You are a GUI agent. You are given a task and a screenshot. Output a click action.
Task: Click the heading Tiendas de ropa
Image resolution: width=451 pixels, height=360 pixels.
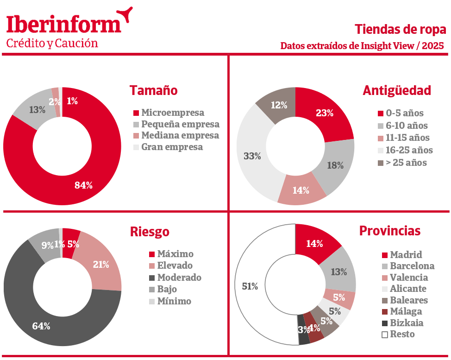tap(401, 30)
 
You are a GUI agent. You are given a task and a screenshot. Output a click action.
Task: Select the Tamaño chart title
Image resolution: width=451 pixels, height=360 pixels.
tap(153, 90)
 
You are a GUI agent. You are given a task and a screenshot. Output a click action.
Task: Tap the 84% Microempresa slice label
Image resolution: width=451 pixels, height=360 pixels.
tap(84, 185)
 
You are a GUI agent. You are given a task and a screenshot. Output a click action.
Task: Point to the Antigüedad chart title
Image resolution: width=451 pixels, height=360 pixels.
tap(397, 90)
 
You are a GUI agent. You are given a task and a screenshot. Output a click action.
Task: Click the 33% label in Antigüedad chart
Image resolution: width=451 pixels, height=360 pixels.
tap(252, 156)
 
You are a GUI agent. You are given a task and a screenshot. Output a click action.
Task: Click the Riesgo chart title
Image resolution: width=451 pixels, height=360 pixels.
tap(150, 232)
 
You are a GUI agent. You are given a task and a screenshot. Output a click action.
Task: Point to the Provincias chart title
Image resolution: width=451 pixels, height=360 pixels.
tap(390, 231)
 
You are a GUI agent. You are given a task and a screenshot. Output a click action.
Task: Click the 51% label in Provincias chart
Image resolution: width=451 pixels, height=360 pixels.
tap(250, 286)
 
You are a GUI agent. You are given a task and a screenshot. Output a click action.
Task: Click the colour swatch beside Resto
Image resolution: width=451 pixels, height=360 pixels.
tap(384, 335)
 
